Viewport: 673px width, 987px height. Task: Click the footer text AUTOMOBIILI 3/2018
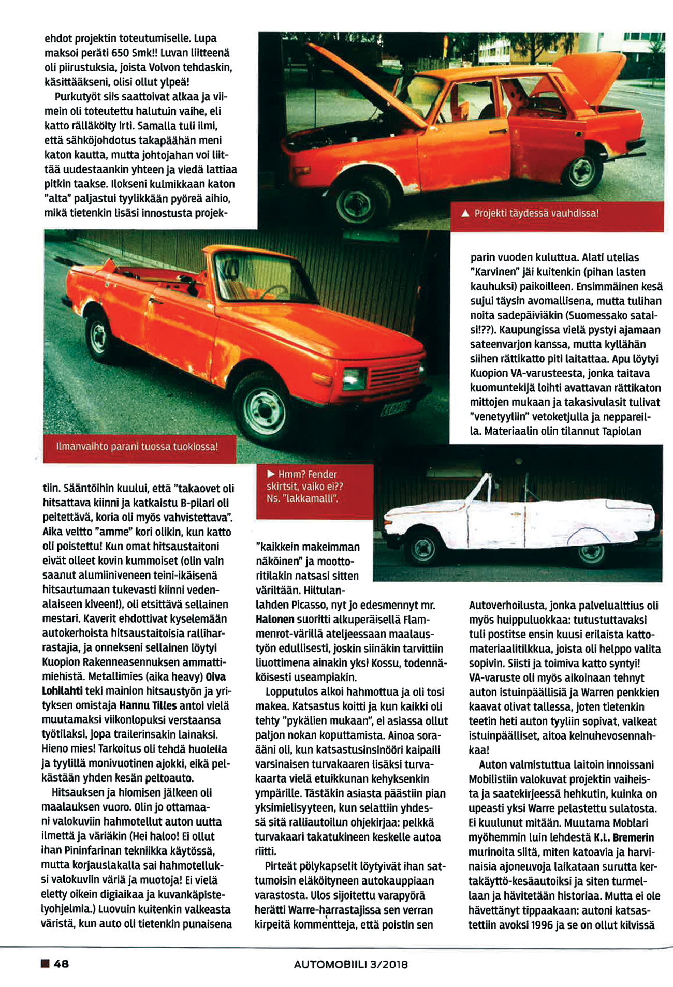(350, 964)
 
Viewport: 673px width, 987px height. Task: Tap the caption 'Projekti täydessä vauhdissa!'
(536, 214)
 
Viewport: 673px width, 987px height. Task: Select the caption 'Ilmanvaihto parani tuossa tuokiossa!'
(137, 447)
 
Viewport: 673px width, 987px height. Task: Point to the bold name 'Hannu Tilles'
(148, 705)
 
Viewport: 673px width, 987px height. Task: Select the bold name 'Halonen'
(275, 619)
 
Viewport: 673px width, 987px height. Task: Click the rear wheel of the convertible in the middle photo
(99, 336)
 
